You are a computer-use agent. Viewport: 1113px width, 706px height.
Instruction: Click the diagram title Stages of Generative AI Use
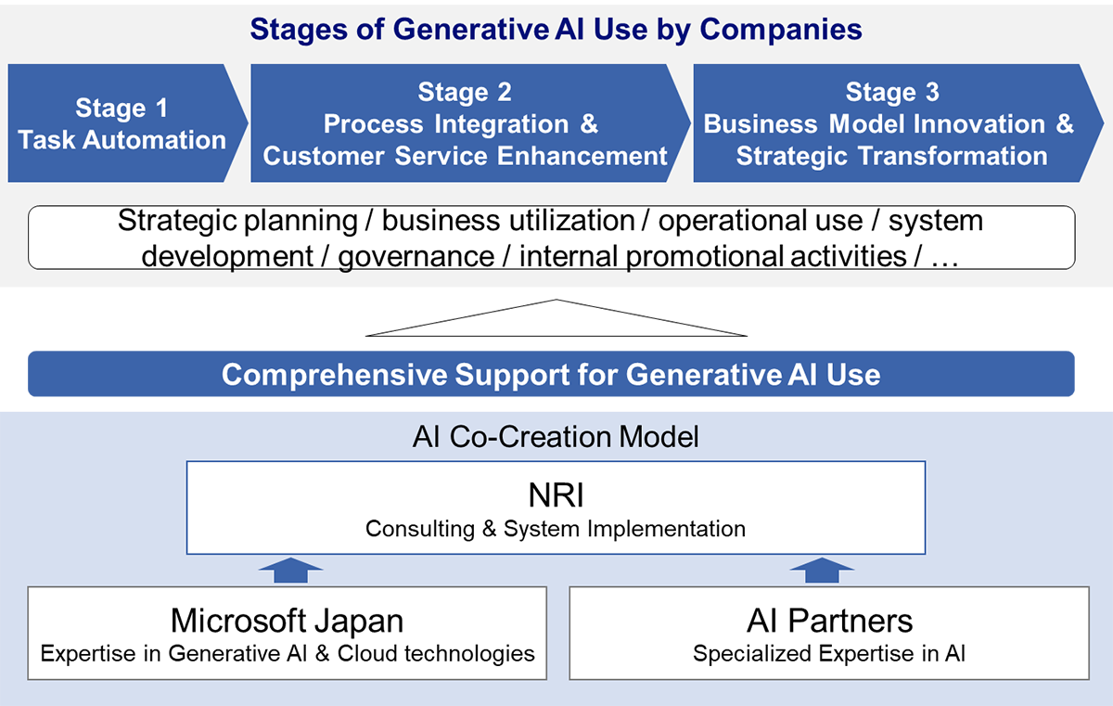click(x=556, y=29)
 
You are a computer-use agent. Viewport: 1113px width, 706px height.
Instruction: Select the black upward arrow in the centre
click(x=556, y=318)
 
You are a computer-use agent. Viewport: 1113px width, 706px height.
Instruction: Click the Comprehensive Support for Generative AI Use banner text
click(x=551, y=375)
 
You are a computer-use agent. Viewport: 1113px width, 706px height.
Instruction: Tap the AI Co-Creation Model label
click(x=556, y=436)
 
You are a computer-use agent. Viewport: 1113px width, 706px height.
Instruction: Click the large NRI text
click(x=556, y=495)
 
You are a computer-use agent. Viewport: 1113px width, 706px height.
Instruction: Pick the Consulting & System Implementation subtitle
click(x=556, y=529)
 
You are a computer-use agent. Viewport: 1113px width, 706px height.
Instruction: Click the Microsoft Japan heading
click(x=287, y=620)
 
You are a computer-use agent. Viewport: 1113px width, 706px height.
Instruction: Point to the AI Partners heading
click(x=829, y=620)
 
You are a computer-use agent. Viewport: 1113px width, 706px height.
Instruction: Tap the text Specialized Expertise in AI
click(x=829, y=653)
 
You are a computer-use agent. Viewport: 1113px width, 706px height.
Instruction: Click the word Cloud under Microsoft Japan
click(x=372, y=653)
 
